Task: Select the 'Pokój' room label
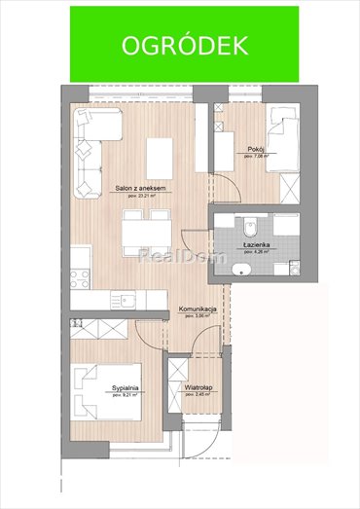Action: (x=254, y=150)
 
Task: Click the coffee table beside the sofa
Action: (x=158, y=155)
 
